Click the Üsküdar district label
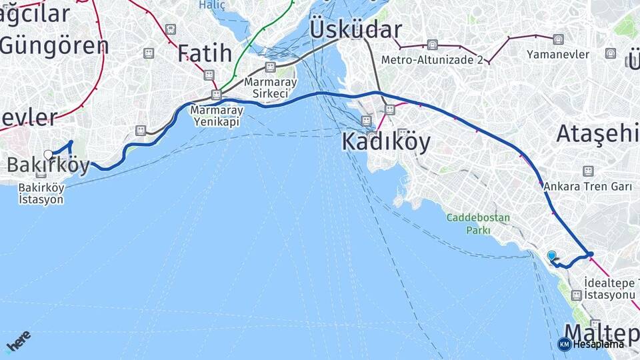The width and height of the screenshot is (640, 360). (x=355, y=29)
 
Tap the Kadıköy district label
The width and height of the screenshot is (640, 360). (x=386, y=141)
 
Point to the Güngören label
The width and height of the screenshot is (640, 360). (x=54, y=45)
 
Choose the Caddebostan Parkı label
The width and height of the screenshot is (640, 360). (x=478, y=223)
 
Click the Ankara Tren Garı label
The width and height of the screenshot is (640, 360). (x=587, y=187)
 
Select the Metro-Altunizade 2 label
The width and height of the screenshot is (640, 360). (x=432, y=59)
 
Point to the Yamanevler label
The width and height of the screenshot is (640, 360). (x=558, y=54)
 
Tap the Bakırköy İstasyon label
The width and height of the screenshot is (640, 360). (x=41, y=193)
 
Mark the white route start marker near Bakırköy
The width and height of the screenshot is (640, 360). (x=48, y=155)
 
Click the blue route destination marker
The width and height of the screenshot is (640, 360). (x=551, y=255)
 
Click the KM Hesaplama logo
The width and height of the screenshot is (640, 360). (x=591, y=344)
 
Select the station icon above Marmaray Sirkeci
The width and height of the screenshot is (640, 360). (x=270, y=67)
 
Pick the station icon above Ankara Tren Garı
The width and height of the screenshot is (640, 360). (x=588, y=171)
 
